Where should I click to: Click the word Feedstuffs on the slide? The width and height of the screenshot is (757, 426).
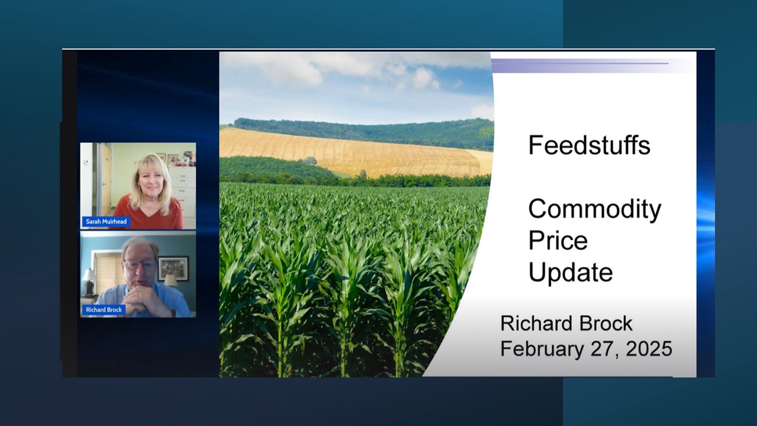click(x=589, y=145)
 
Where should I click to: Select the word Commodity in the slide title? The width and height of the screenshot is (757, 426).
click(x=595, y=209)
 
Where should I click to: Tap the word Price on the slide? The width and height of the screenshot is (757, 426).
click(x=558, y=240)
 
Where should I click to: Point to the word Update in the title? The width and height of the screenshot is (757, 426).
click(x=571, y=273)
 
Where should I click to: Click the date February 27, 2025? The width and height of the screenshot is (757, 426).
click(x=586, y=348)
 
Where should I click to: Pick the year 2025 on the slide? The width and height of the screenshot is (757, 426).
click(x=649, y=348)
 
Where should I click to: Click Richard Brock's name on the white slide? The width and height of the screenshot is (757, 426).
click(x=567, y=323)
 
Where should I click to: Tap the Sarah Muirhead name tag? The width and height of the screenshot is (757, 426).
click(x=106, y=221)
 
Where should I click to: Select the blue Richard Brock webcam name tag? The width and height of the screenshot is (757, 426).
click(x=103, y=309)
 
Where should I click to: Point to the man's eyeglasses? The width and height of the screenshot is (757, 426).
click(x=140, y=264)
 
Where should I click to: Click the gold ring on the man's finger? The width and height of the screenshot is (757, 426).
click(x=141, y=294)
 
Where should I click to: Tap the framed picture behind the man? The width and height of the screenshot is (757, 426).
click(x=173, y=269)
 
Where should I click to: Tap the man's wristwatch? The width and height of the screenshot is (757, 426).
click(x=173, y=313)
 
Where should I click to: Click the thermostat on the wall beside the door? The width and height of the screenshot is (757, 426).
click(x=86, y=161)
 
